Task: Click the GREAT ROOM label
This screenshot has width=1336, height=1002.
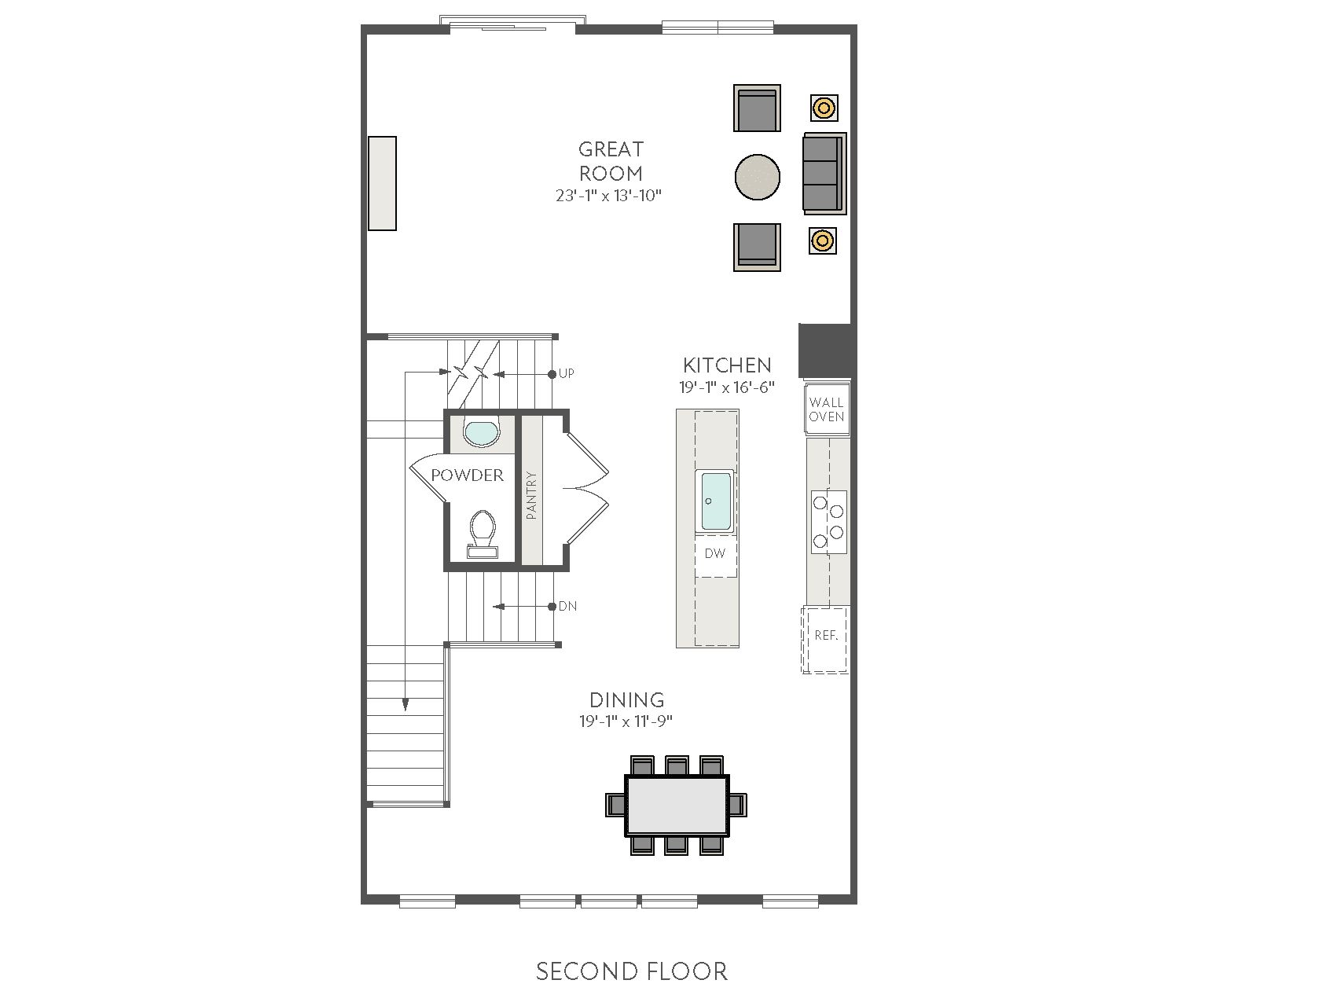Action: (x=611, y=161)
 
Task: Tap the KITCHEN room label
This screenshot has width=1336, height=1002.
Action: (x=727, y=365)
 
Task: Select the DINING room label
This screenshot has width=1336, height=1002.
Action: (x=627, y=699)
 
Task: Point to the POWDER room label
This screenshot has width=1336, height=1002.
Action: (x=467, y=475)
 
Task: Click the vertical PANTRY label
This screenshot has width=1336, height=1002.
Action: (x=532, y=495)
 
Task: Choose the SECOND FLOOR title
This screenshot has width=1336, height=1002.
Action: (x=632, y=971)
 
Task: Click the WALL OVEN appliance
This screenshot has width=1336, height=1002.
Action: (x=827, y=409)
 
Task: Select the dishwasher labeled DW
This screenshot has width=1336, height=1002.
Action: (x=715, y=554)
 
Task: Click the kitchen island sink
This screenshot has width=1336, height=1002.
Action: (x=716, y=501)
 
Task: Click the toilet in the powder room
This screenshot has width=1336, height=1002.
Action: (x=481, y=534)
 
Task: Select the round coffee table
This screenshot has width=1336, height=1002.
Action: (x=758, y=177)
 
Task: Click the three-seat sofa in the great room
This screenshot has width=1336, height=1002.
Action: (x=824, y=173)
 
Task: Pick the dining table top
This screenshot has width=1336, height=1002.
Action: (x=677, y=805)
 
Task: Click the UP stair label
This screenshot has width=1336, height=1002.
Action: (x=566, y=373)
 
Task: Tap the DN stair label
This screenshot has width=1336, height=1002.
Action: (x=567, y=607)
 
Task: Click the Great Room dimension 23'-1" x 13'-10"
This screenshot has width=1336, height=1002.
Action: (x=609, y=196)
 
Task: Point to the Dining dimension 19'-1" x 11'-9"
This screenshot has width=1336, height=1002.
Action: (x=626, y=721)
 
